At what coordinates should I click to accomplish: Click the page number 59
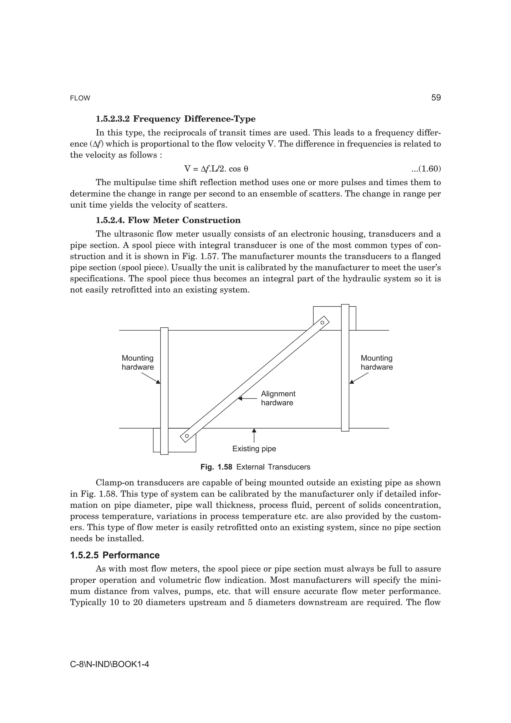436,98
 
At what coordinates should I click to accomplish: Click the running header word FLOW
80,98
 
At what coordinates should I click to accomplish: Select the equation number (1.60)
426,169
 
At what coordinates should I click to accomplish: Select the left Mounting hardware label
137,362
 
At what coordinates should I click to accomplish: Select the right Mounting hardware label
377,362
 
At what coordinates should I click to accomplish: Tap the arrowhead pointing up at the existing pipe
254,430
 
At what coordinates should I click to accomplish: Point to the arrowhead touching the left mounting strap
158,382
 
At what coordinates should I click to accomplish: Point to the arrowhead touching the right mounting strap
352,382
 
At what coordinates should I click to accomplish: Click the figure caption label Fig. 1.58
216,467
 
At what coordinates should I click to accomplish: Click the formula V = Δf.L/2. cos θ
216,169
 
